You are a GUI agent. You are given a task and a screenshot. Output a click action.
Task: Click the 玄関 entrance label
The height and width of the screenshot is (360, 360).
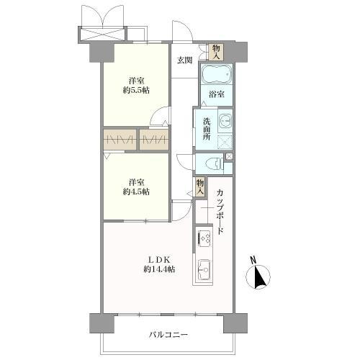point(184,60)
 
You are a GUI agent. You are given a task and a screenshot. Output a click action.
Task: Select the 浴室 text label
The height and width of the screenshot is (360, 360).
point(216,94)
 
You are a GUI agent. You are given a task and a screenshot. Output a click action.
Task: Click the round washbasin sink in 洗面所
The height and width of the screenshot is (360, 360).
point(225,120)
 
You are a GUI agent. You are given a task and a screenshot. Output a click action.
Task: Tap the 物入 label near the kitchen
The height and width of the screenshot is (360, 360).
point(199,188)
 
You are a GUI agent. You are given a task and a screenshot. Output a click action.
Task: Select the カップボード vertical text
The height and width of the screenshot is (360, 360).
point(220,212)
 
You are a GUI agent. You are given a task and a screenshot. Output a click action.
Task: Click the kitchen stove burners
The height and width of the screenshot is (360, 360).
point(203,237)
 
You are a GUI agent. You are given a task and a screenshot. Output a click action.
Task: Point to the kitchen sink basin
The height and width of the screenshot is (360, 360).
point(203,270)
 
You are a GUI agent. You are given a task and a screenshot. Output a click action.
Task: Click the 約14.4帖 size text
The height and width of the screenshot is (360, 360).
point(161,269)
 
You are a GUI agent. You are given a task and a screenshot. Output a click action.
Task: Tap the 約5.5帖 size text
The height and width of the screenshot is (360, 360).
point(135,91)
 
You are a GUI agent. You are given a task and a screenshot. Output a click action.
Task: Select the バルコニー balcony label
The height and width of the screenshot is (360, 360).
point(168,335)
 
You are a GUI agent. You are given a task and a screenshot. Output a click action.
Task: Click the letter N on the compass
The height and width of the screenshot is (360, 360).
point(253,260)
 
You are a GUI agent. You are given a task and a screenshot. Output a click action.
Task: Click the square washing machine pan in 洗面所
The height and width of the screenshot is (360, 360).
point(225,140)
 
